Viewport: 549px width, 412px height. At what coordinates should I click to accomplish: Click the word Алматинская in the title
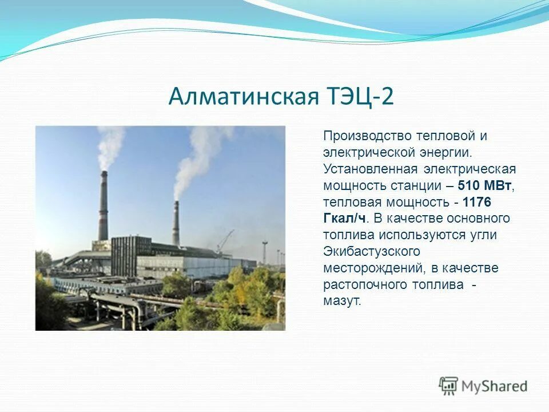click(x=242, y=96)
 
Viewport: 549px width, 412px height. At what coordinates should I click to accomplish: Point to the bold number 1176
click(x=477, y=203)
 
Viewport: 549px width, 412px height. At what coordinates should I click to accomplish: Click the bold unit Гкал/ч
click(x=345, y=219)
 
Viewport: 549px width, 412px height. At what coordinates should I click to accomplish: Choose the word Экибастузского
click(x=372, y=252)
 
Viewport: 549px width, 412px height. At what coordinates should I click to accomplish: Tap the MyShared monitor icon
click(x=448, y=386)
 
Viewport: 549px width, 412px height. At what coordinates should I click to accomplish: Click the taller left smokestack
click(x=103, y=206)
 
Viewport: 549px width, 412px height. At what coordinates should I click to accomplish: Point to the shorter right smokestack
click(x=176, y=223)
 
